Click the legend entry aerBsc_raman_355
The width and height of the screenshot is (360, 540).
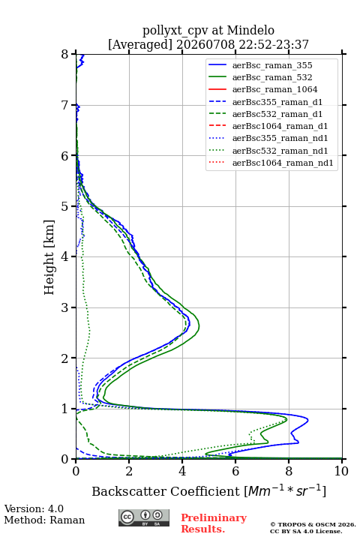tap(272, 65)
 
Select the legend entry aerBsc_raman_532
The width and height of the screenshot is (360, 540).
tap(272, 77)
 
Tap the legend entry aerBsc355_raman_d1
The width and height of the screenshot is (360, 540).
tap(277, 102)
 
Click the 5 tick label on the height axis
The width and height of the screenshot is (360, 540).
tap(65, 206)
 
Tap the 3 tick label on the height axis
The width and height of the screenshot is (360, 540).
tap(65, 307)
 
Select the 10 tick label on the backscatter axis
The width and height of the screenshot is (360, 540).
tap(341, 471)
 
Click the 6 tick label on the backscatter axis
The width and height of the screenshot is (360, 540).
tap(235, 471)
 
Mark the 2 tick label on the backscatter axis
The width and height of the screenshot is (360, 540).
tap(129, 471)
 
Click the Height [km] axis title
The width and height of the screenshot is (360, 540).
tap(49, 257)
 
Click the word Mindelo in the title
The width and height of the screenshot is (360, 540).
tap(250, 31)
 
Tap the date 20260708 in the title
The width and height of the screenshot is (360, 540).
tap(205, 44)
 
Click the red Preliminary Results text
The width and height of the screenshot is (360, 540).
tap(214, 523)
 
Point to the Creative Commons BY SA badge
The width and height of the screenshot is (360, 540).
tap(144, 517)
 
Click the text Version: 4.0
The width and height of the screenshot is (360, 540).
tap(34, 508)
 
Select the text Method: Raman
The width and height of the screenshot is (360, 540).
tap(44, 520)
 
